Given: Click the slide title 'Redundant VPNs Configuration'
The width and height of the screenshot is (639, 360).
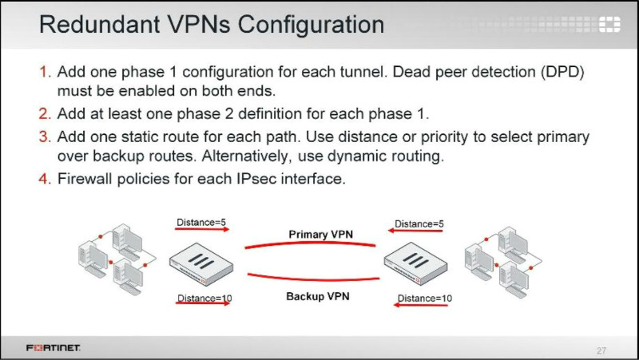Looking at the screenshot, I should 211,25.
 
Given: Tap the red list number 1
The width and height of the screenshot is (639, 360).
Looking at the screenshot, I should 46,73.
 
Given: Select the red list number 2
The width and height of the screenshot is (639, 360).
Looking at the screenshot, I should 46,116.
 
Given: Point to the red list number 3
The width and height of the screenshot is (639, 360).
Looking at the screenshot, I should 46,137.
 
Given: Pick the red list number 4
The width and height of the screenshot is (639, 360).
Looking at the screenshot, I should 46,180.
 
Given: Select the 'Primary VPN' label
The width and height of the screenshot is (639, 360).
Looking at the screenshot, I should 320,234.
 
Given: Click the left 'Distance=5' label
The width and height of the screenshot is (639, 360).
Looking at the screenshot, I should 202,222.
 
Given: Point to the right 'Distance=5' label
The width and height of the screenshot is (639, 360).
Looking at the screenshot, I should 419,224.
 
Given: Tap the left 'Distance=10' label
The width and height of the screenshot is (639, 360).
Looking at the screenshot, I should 204,299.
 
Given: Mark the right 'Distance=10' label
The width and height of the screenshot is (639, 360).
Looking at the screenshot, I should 424,299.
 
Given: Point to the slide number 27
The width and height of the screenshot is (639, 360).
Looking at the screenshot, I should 601,350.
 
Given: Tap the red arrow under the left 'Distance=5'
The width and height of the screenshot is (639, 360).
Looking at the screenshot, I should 202,230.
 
